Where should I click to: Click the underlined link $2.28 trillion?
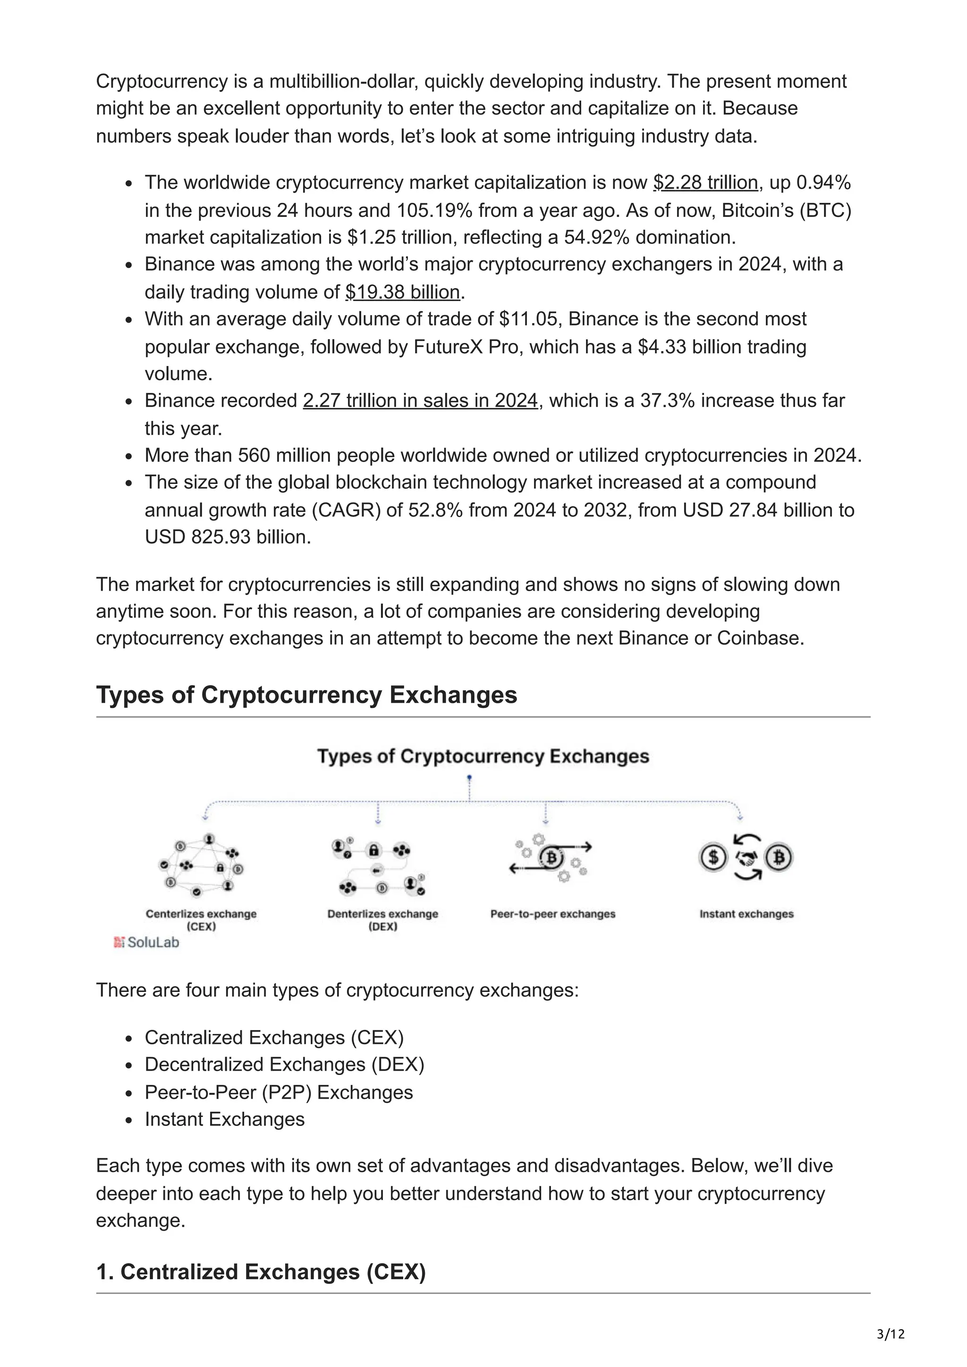pos(705,183)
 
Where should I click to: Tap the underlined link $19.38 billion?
pos(402,292)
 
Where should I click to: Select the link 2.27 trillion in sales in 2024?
pos(420,400)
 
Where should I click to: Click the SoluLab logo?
pos(146,942)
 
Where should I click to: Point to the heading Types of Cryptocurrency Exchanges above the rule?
pos(306,695)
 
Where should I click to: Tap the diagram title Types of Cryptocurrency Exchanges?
pos(483,756)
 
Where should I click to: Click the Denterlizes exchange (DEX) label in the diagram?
pos(382,919)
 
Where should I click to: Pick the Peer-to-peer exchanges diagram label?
pos(552,914)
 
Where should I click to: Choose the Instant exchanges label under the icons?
pos(746,914)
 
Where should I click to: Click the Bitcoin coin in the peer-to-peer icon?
pos(551,858)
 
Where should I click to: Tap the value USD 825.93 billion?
pos(228,537)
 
